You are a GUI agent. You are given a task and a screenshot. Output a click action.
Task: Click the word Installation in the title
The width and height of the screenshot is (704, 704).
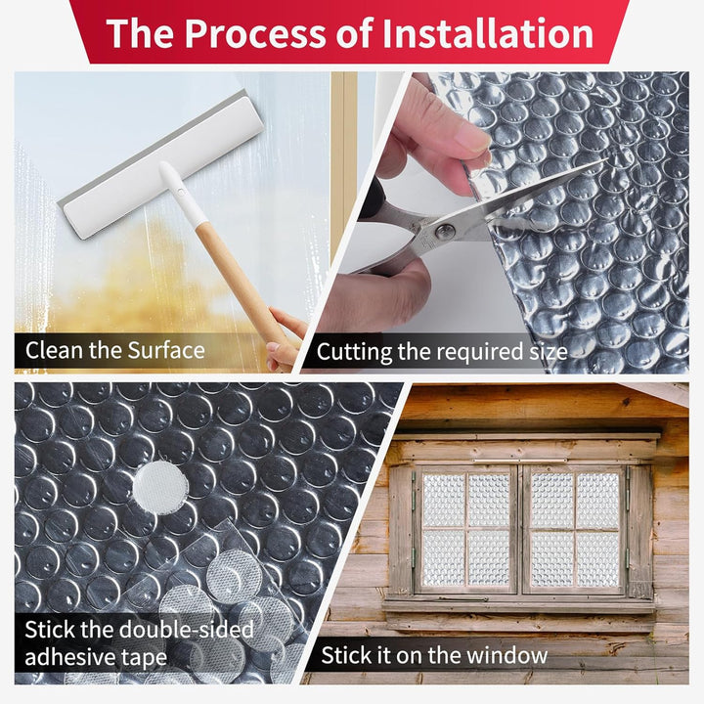(x=488, y=33)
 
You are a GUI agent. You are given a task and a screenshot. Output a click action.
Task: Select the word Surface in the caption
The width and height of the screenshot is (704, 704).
(x=165, y=350)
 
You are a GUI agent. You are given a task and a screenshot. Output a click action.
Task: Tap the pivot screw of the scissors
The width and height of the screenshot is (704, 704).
(x=445, y=232)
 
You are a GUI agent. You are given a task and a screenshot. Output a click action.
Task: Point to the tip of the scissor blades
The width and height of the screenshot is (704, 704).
(x=606, y=159)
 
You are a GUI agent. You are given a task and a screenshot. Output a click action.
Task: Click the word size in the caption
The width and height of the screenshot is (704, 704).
(x=548, y=352)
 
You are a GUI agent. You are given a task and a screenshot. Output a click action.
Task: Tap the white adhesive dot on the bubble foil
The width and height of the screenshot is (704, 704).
(x=160, y=487)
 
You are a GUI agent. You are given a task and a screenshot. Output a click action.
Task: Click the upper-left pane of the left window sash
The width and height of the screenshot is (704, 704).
(x=444, y=501)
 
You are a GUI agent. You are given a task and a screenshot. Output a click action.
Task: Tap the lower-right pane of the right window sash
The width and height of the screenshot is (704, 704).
(x=597, y=558)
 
